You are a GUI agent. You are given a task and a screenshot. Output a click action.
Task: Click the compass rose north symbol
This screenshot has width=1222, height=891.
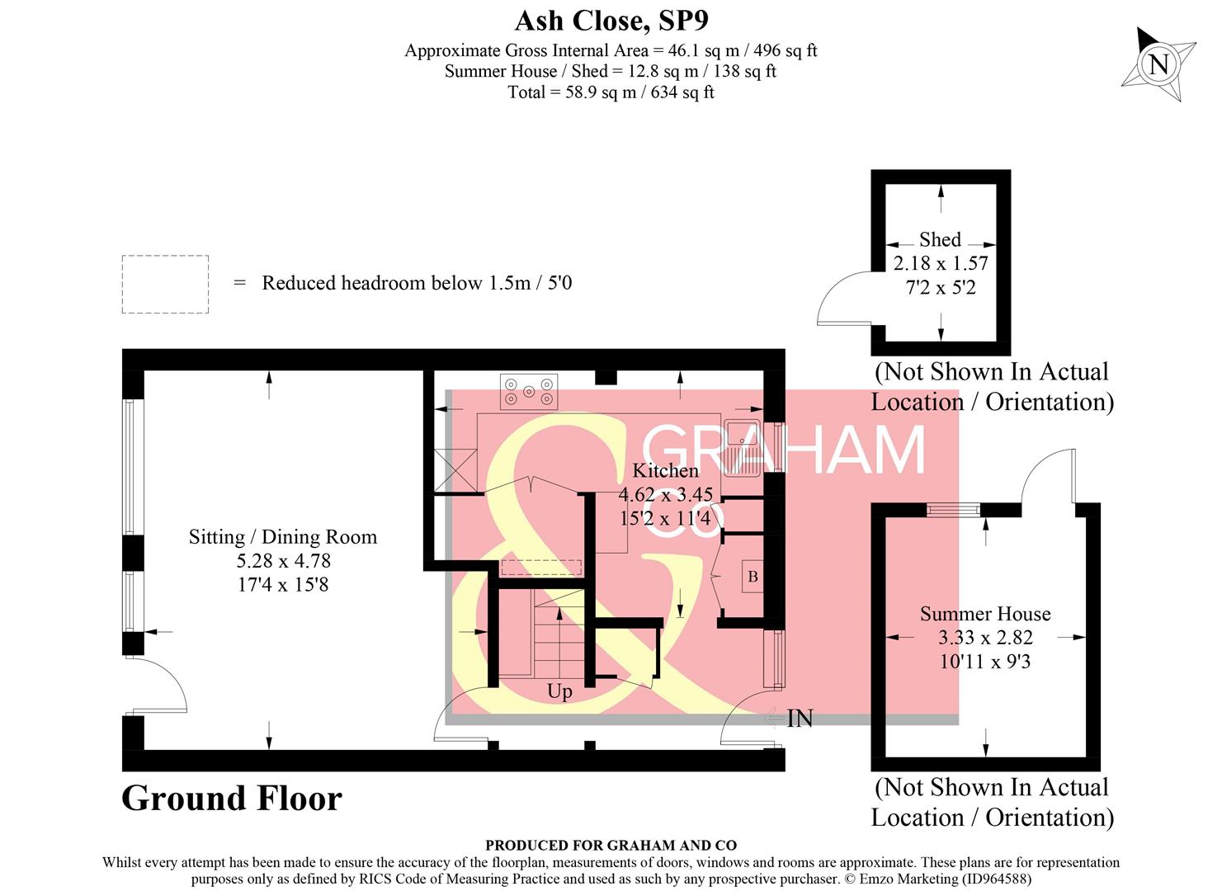(1158, 64)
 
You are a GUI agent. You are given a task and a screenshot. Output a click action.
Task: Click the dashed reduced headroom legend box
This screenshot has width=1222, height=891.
(165, 284)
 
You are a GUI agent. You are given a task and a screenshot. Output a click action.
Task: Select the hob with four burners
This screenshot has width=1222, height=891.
(528, 391)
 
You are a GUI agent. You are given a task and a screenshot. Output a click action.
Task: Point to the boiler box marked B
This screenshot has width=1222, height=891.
(753, 577)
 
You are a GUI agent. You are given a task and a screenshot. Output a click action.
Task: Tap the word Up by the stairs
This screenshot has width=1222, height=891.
(559, 691)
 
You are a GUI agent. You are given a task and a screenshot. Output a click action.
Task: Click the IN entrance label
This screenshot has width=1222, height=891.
(799, 719)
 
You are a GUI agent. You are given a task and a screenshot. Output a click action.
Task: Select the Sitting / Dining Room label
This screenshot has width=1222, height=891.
(282, 537)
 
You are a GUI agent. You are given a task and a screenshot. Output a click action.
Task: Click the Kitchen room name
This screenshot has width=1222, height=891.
(665, 470)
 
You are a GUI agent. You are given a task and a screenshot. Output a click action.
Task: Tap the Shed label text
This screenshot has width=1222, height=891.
(940, 239)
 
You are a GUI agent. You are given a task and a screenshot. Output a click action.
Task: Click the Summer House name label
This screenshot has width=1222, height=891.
(985, 614)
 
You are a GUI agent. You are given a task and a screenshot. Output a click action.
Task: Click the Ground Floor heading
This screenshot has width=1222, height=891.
(231, 799)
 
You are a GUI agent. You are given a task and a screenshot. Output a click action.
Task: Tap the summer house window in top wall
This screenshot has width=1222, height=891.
(952, 510)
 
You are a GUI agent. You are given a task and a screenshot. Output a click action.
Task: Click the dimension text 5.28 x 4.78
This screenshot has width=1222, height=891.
(283, 561)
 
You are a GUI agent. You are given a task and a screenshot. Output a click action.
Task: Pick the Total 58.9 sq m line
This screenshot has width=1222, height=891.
(611, 92)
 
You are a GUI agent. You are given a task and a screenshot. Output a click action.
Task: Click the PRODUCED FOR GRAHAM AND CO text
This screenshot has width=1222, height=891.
(611, 845)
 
